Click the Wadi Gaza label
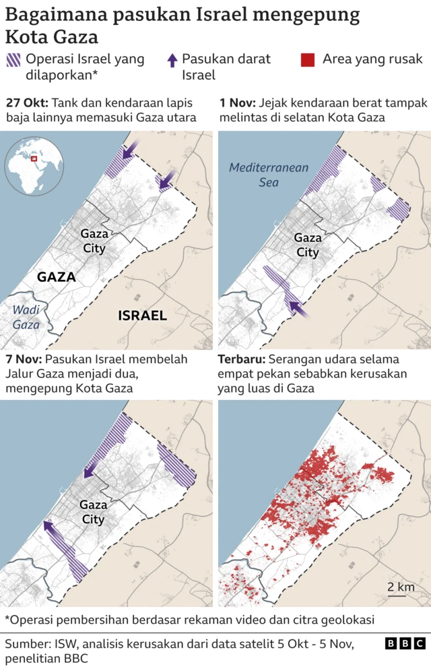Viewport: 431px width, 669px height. [x=25, y=318]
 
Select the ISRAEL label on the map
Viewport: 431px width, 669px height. [x=142, y=315]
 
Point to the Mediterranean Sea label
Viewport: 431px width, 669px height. [x=268, y=175]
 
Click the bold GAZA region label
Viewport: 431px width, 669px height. [x=56, y=277]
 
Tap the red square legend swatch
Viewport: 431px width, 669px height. [x=307, y=60]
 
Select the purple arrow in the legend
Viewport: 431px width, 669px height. [x=172, y=60]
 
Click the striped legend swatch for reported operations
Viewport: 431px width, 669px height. [x=13, y=60]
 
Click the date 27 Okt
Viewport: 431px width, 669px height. [x=26, y=103]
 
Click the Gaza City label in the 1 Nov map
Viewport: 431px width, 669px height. [x=307, y=245]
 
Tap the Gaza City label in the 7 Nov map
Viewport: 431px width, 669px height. [x=93, y=512]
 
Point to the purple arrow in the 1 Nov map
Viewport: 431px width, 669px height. [x=297, y=309]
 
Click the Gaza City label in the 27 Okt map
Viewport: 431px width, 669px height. [x=94, y=241]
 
